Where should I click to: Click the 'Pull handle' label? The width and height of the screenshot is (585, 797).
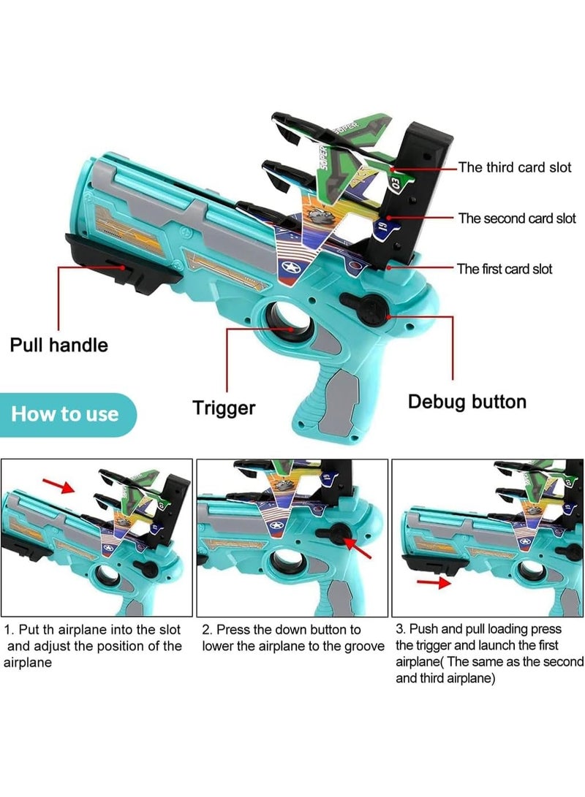pos(58,344)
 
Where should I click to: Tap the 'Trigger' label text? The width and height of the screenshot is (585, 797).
pos(224,408)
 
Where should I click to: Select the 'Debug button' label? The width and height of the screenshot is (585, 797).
pos(467,401)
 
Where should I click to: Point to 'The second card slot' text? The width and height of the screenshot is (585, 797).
pos(517,218)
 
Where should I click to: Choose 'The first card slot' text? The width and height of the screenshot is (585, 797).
pos(505,269)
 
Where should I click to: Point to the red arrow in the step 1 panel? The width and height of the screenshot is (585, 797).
pos(58,486)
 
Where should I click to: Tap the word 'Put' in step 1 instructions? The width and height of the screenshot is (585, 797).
pos(29,629)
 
